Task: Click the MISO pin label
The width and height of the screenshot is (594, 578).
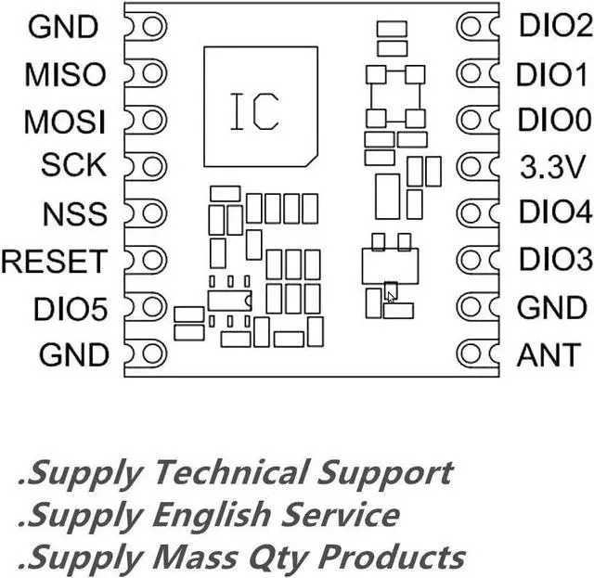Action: tap(65, 73)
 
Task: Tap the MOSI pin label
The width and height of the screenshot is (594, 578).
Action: tap(64, 121)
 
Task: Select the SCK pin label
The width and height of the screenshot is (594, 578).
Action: tap(73, 167)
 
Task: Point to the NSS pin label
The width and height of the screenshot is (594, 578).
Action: tap(73, 214)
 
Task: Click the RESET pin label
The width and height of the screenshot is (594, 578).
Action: tap(54, 262)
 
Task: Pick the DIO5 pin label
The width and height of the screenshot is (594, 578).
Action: tap(71, 308)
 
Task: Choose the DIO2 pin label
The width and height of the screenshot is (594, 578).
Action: tap(554, 26)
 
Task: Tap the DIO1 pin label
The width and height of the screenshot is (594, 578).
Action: tap(554, 73)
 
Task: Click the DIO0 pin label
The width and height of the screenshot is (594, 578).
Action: tap(554, 121)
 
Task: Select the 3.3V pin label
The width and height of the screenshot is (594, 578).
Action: tap(554, 167)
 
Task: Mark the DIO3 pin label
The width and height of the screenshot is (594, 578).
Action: tap(554, 259)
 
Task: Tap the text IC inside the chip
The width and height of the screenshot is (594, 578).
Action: tap(253, 111)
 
